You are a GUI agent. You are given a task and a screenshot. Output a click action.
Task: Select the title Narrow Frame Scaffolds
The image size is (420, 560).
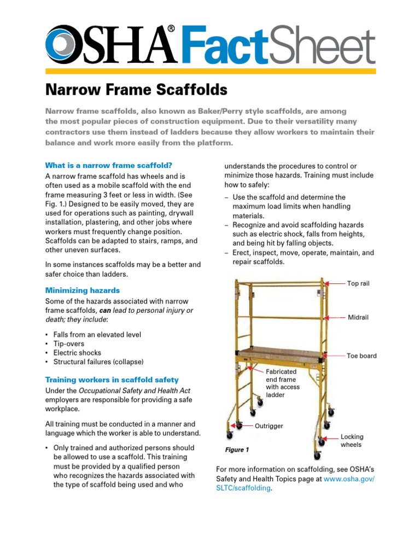tap(136, 89)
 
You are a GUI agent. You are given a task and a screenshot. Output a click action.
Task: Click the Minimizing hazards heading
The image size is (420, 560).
tap(82, 290)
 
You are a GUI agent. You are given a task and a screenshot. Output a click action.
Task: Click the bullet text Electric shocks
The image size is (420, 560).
tap(77, 353)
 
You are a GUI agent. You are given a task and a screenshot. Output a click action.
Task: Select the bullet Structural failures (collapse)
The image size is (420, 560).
tap(98, 362)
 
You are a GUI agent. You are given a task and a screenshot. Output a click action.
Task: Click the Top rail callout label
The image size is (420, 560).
tap(358, 283)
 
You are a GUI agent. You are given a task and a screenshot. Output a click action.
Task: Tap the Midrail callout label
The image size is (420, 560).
tap(358, 317)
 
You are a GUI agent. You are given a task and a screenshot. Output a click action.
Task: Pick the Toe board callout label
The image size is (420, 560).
tap(361, 356)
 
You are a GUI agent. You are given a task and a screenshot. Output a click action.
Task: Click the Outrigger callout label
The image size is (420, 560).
tap(269, 426)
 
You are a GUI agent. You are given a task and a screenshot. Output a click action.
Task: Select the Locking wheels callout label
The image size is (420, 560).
tap(352, 441)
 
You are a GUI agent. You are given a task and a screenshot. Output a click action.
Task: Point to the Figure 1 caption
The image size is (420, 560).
tap(237, 450)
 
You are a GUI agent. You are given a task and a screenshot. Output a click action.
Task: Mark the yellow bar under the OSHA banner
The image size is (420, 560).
tap(210, 71)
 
